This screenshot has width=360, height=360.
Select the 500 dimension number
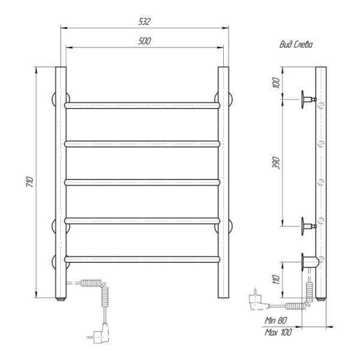[x=144, y=41]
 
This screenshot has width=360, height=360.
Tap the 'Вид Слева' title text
[x=296, y=44]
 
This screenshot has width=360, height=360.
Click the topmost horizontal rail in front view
[x=142, y=105]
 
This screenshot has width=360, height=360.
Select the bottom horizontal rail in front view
[x=142, y=259]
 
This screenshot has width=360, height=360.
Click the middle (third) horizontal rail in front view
[x=142, y=182]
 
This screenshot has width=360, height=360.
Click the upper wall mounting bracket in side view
[x=308, y=97]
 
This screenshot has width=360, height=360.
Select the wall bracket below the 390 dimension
[x=308, y=227]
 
